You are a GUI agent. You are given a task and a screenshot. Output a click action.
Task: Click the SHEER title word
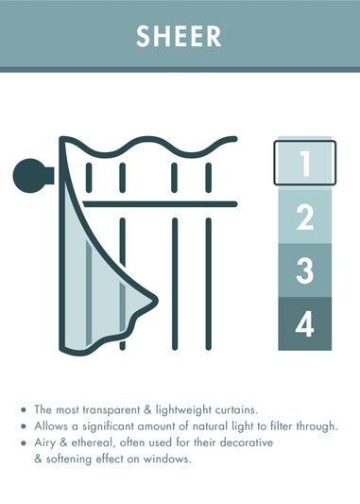[x=179, y=36]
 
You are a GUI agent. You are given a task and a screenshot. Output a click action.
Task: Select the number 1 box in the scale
[x=305, y=163]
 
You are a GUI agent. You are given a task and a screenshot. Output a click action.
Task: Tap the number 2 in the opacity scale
[x=305, y=217]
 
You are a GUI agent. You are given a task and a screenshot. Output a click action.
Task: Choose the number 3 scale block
[x=305, y=270]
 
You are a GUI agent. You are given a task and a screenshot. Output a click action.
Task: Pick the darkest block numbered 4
[x=305, y=323]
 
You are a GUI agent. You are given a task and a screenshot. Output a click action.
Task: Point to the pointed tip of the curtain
[x=157, y=301]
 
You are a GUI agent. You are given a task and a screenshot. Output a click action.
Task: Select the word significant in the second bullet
[x=109, y=426]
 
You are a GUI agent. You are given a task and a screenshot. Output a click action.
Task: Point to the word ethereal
[x=94, y=443]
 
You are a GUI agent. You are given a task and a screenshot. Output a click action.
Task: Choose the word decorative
[x=247, y=443]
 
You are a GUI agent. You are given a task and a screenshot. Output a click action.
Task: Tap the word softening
[x=69, y=460]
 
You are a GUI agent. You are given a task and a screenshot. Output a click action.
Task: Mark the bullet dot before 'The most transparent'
[x=23, y=409]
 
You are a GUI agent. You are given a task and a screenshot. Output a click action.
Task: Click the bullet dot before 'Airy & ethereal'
[x=23, y=443]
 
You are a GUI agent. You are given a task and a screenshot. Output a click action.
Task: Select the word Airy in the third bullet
[x=44, y=443]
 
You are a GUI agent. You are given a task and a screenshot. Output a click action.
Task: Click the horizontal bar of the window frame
[x=160, y=204]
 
